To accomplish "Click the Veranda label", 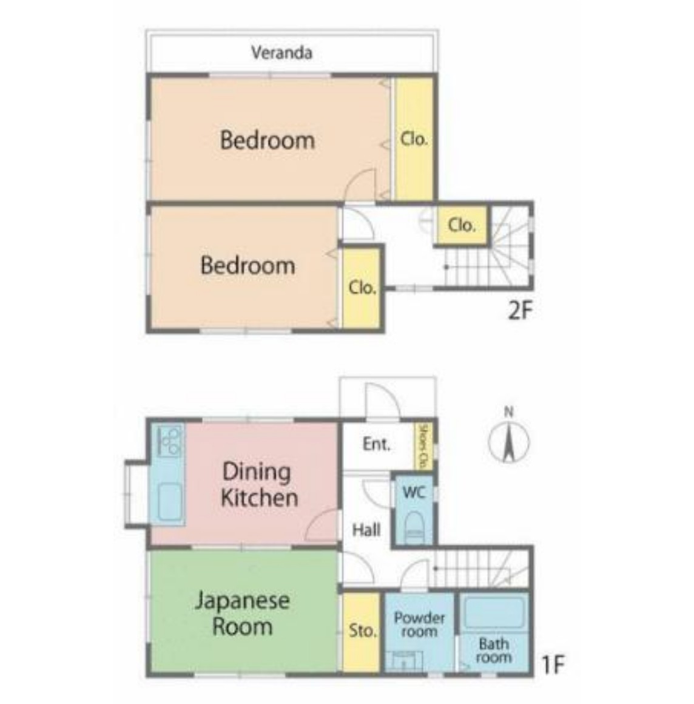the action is (x=281, y=53).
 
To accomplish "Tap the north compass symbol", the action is (x=508, y=438).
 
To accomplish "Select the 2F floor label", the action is (x=520, y=310).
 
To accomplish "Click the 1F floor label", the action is (x=553, y=664).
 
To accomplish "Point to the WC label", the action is (x=414, y=492).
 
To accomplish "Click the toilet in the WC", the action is (x=414, y=527).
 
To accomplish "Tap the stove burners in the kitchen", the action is (x=170, y=440).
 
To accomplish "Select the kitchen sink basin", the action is (x=170, y=501).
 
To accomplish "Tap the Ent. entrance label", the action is (x=376, y=444).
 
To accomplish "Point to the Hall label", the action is (x=366, y=530).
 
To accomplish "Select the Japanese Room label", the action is (x=243, y=614).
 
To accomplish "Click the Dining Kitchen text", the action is (x=260, y=484).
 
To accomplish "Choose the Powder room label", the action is (x=419, y=624).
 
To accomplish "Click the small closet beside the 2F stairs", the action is (x=462, y=225).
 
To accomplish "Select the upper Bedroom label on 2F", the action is (x=268, y=140).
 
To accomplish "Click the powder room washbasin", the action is (x=403, y=661).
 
